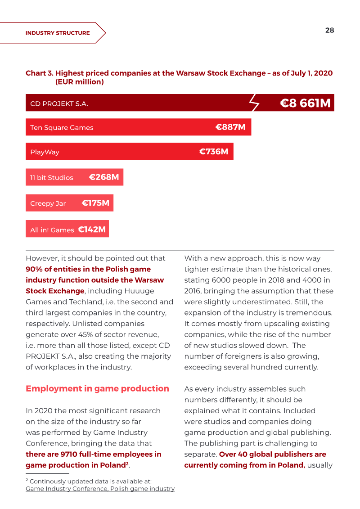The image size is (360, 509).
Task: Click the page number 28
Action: pos(329,30)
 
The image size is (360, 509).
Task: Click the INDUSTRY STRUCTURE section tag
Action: pos(58,33)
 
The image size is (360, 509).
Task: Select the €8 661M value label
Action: pos(305,103)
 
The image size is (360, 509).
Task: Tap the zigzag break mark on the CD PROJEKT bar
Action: pos(254,103)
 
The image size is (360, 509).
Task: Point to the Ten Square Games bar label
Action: pos(62,127)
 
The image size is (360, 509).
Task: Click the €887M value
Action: pos(230,127)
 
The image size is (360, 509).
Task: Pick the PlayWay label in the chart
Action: pos(45,152)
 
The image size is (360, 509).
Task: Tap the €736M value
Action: pos(214,152)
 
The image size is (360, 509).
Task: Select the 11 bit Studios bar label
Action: pos(52,178)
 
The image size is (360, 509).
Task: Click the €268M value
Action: pos(104,177)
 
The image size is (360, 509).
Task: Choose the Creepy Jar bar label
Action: pos(48,203)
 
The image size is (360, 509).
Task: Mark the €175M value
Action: pos(95,203)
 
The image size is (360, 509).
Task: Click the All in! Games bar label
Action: pos(52,230)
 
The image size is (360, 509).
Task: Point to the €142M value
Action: pos(92,230)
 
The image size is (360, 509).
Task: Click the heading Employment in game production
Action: pos(97,388)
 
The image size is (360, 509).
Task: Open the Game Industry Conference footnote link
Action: pos(100,489)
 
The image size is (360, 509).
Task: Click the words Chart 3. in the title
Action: pos(40,73)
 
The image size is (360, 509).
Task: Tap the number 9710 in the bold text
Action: pos(68,454)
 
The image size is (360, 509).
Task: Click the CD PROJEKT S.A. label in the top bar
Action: pos(59,104)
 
